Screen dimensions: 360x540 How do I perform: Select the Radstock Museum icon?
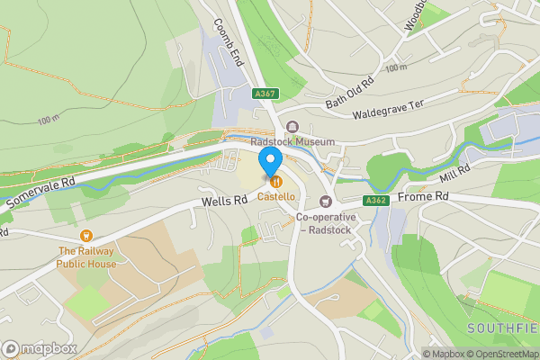pos(292,127)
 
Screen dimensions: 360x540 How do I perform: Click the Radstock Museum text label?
pos(292,142)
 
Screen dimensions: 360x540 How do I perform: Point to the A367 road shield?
pos(265,93)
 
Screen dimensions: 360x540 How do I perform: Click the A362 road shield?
pos(376,201)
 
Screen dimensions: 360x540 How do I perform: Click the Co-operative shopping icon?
pos(326,201)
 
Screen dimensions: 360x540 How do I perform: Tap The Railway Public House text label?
pos(87,257)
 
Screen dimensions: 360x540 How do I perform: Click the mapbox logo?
pos(40,348)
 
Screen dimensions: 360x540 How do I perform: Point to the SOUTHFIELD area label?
pos(503,327)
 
